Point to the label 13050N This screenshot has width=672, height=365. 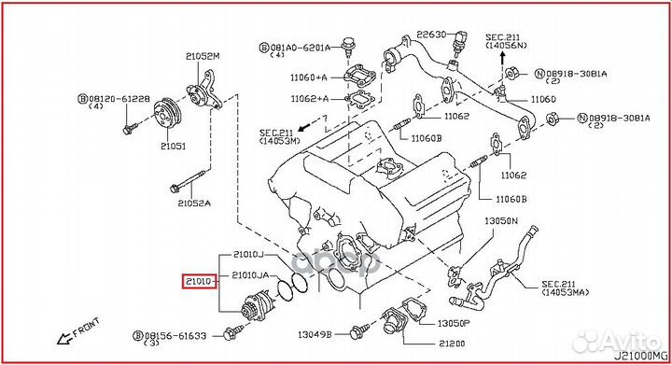(499, 221)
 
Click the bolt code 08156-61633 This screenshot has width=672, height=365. (182, 332)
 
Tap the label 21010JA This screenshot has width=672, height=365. (251, 274)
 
